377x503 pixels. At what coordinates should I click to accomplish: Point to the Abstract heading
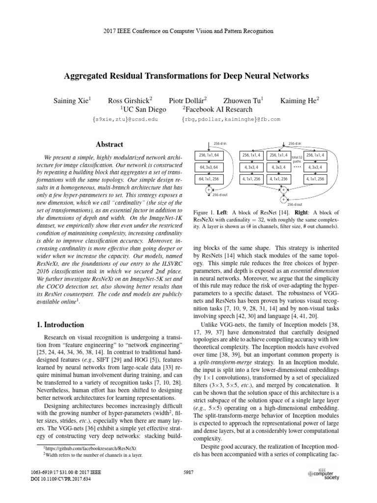pyautogui.click(x=109, y=144)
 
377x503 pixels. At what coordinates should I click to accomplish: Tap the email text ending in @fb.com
pyautogui.click(x=231, y=119)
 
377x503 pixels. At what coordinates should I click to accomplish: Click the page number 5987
pyautogui.click(x=188, y=472)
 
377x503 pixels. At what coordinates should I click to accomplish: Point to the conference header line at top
pyautogui.click(x=188, y=31)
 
